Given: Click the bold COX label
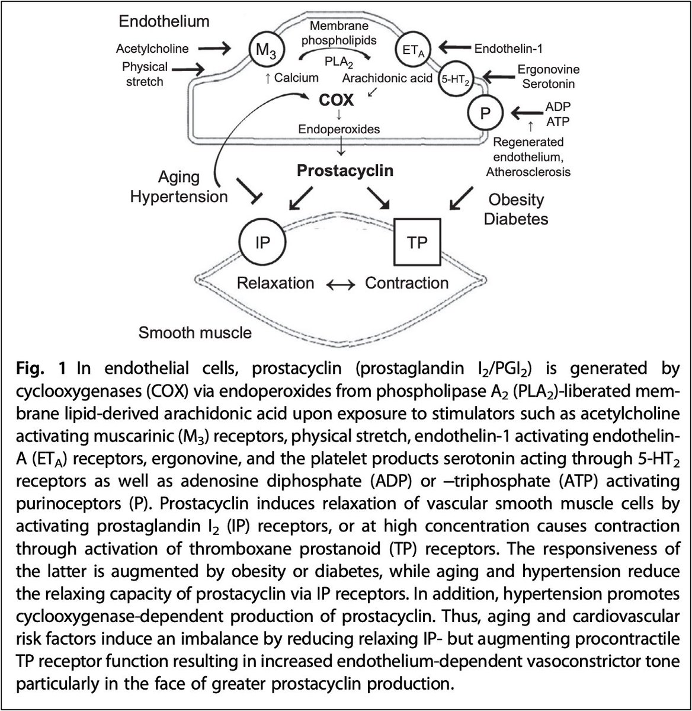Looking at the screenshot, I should [x=336, y=100].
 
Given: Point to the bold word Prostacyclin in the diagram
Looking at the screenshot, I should [x=345, y=171].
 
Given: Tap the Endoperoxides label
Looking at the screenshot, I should [x=339, y=129].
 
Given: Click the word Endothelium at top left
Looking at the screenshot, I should [x=164, y=22].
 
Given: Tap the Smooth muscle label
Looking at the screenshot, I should [x=195, y=332].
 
